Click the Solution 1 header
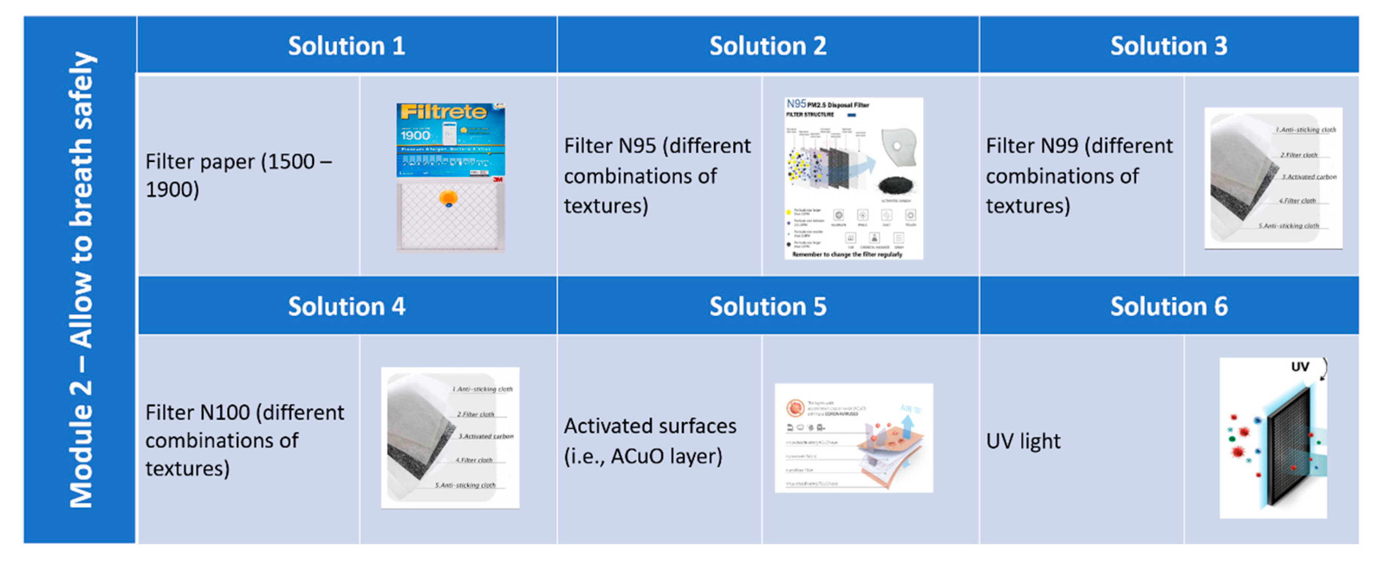tap(347, 46)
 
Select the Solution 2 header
tap(768, 46)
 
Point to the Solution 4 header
tap(347, 306)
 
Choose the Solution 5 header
tap(768, 306)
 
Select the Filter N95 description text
tap(657, 176)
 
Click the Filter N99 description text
tap(1079, 176)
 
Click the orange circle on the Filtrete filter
tap(448, 198)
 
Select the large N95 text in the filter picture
tap(796, 104)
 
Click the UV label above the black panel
tap(1299, 367)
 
